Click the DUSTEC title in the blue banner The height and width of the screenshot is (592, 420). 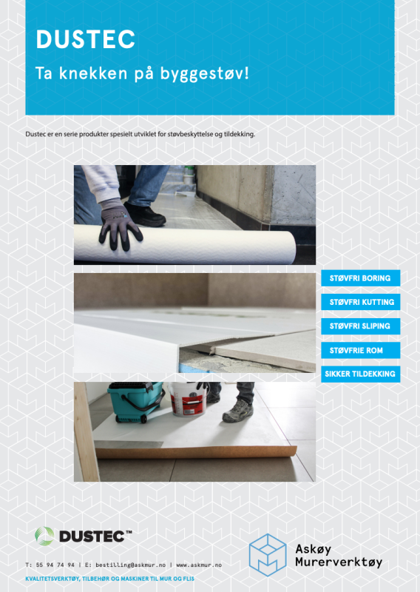tap(85, 39)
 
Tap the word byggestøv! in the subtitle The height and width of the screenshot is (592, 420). tap(204, 73)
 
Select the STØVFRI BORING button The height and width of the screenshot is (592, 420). tap(360, 278)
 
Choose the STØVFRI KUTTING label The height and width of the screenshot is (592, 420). tap(360, 302)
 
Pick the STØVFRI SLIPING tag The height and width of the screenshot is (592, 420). tap(360, 326)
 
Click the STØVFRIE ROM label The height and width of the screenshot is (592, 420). tap(360, 350)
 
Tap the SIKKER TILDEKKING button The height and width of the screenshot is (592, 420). tap(360, 374)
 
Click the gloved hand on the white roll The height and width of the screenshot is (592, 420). tap(119, 224)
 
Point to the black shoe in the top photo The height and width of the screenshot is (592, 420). tap(145, 214)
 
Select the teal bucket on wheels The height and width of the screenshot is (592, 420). tap(136, 402)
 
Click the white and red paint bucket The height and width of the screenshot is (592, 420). tap(189, 399)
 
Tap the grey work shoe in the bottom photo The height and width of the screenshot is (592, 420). tap(238, 411)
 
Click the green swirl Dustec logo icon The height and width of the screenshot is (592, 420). tap(44, 536)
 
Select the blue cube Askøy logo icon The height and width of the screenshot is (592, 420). tap(268, 554)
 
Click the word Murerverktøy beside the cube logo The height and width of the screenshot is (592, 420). tap(339, 562)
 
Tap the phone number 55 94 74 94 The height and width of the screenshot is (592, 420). tap(55, 565)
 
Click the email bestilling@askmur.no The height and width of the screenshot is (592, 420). tap(131, 565)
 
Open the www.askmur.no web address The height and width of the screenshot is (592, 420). tap(199, 565)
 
